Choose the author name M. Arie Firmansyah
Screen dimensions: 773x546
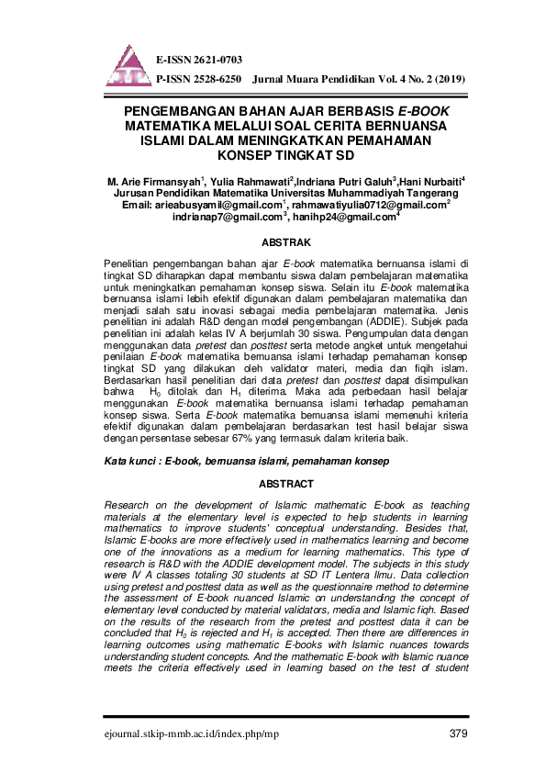(x=154, y=180)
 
